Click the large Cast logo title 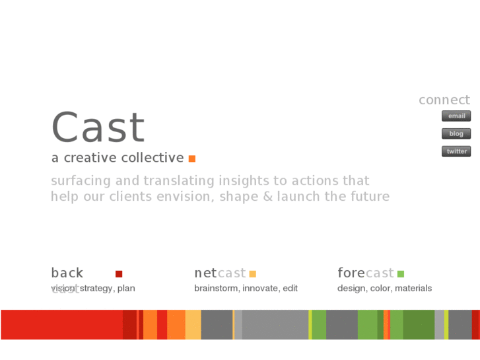pos(98,127)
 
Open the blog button pos(456,133)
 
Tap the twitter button pos(456,151)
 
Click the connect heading pos(444,100)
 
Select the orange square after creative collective pos(192,159)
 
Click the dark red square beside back pos(119,273)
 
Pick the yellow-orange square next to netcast pos(252,273)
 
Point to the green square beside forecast pos(400,273)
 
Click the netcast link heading pos(219,273)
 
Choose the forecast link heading pos(365,273)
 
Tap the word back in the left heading pos(67,273)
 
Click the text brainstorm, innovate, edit pos(246,288)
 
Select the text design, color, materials pos(384,288)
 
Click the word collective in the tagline pos(158,158)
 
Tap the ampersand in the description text pos(266,196)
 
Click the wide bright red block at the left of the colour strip pos(61,324)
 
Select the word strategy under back pos(96,288)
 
